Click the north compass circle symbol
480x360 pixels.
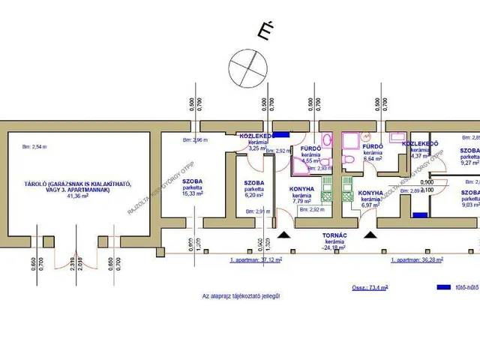click(x=247, y=65)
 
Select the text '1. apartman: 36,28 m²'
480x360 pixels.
click(x=416, y=260)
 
